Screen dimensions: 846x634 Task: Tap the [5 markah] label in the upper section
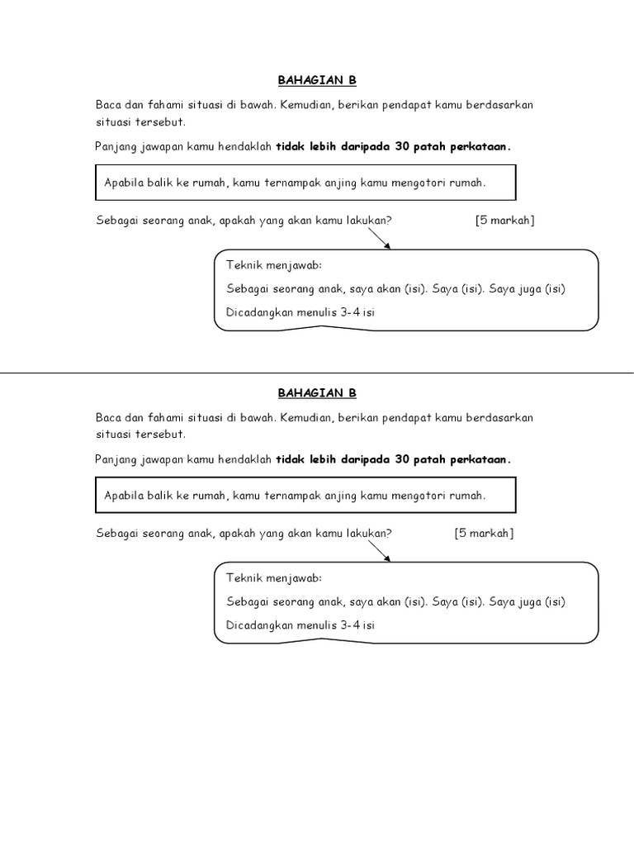[504, 221]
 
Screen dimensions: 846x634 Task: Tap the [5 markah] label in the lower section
[484, 533]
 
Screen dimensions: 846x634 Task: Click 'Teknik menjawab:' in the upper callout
[273, 265]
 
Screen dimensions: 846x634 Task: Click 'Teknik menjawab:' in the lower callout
[273, 578]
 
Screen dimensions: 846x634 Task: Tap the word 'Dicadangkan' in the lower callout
[261, 625]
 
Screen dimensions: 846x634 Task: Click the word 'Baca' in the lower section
[108, 417]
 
